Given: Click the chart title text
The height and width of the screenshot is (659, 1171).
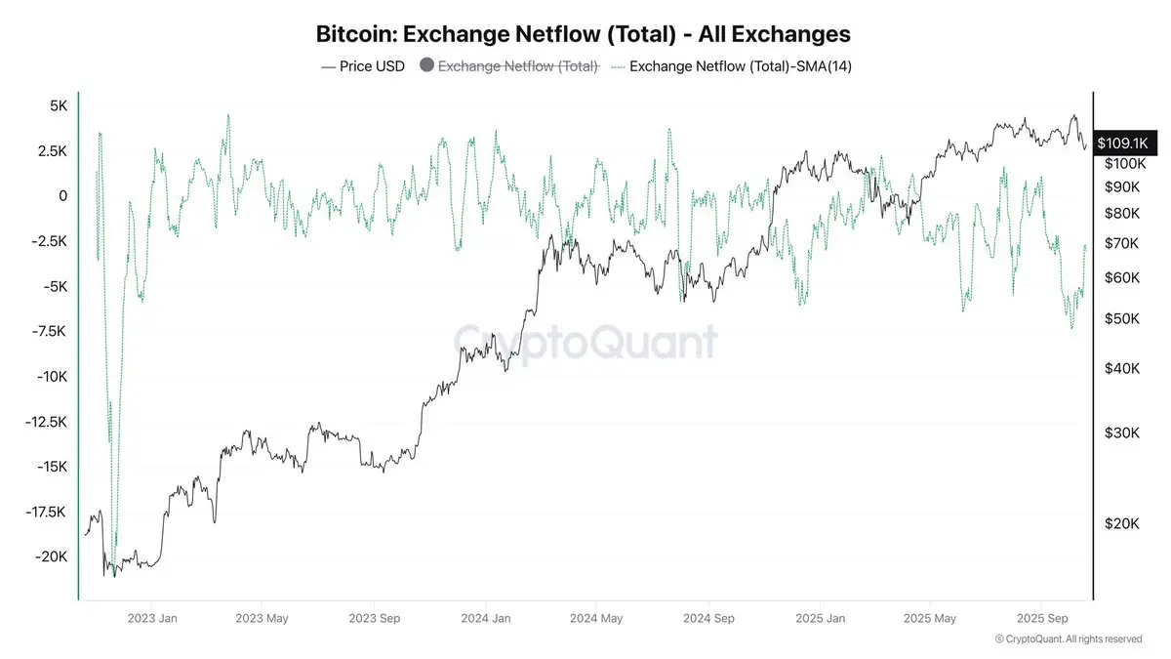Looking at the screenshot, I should (x=584, y=34).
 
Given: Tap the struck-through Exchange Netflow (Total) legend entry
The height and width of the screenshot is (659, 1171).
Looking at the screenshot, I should (x=517, y=66).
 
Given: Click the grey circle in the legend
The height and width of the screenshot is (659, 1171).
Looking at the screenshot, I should (x=425, y=66).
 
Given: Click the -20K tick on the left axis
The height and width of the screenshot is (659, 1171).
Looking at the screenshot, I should (x=49, y=556).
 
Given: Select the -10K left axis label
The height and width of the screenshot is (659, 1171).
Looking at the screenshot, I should (x=49, y=377).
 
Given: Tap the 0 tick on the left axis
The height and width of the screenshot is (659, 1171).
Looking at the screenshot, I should (x=62, y=196).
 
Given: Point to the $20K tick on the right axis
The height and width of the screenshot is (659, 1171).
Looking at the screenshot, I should (x=1121, y=524).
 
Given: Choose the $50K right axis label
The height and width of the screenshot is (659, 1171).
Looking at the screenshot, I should (x=1121, y=319).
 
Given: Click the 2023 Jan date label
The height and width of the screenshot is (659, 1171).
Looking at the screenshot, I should (x=153, y=618).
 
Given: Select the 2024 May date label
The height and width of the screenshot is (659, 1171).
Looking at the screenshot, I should (x=596, y=618).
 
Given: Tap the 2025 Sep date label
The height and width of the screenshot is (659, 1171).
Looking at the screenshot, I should (x=1042, y=618).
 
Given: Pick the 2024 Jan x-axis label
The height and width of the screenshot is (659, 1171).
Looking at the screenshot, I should (x=486, y=618).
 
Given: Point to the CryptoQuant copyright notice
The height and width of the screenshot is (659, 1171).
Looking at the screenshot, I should (x=1068, y=638).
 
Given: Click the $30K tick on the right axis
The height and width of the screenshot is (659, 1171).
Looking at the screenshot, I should (x=1121, y=433).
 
